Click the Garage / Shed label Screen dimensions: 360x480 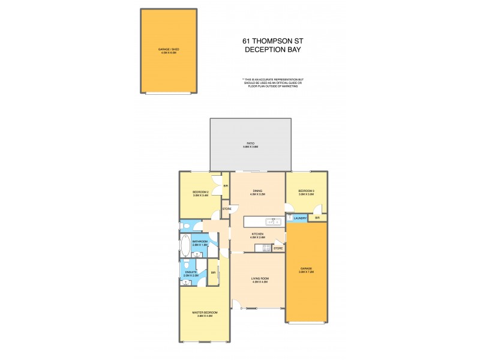click(169, 50)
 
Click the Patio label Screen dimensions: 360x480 click(250, 143)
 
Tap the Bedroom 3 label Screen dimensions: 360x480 click(306, 191)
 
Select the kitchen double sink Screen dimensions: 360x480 click(277, 221)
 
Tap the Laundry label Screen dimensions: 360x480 click(301, 218)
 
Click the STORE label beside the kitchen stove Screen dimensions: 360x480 click(278, 248)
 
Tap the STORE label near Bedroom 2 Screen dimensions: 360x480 click(227, 209)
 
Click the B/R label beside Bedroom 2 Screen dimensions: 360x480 click(226, 186)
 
